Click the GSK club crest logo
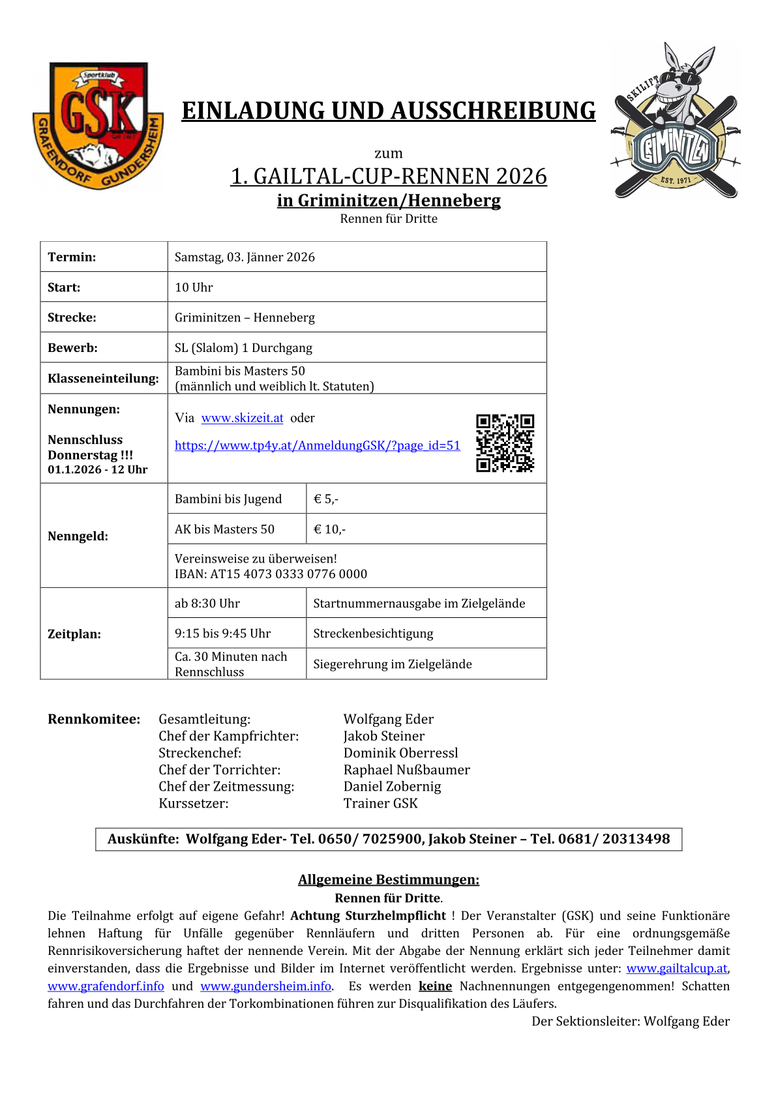pyautogui.click(x=98, y=126)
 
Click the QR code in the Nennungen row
pyautogui.click(x=505, y=443)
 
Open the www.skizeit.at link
pyautogui.click(x=242, y=418)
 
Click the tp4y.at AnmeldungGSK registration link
pyautogui.click(x=317, y=446)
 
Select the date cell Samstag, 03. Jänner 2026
pyautogui.click(x=245, y=257)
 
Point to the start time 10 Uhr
pyautogui.click(x=194, y=287)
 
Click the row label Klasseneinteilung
pyautogui.click(x=103, y=379)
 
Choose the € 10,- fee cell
pyautogui.click(x=329, y=529)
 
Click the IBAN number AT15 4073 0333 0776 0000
pyautogui.click(x=288, y=574)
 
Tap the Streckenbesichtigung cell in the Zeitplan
pyautogui.click(x=373, y=634)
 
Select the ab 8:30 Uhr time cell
pyautogui.click(x=207, y=604)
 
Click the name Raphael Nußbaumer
pyautogui.click(x=406, y=770)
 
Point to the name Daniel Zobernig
pyautogui.click(x=392, y=787)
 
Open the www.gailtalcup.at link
pyautogui.click(x=676, y=969)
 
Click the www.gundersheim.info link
pyautogui.click(x=266, y=986)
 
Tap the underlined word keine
pyautogui.click(x=435, y=986)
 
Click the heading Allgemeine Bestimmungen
pyautogui.click(x=389, y=880)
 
